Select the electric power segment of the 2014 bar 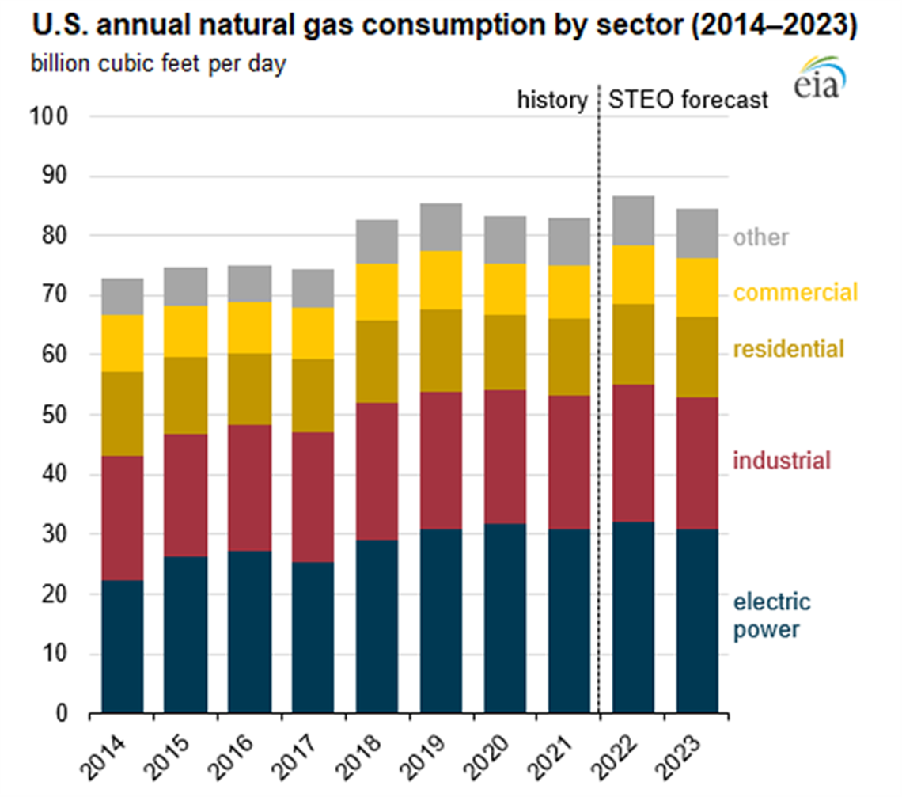click(x=122, y=646)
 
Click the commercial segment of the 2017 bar click(x=313, y=333)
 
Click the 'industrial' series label click(x=783, y=461)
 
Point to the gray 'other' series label click(x=760, y=237)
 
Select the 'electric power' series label click(x=771, y=616)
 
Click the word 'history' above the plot click(x=552, y=101)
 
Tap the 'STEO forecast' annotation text click(x=688, y=101)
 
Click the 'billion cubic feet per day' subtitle click(x=158, y=63)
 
